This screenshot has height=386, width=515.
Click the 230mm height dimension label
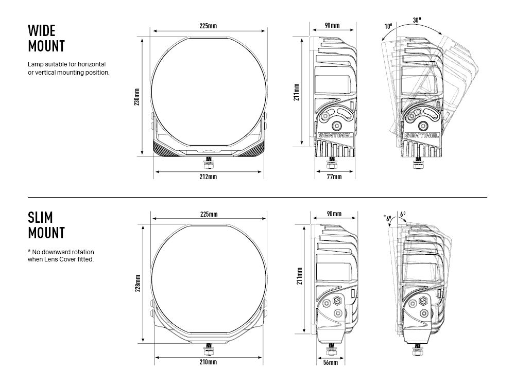coord(136,97)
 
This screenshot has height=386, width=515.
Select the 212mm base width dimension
coord(208,177)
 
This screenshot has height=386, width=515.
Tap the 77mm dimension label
coord(334,177)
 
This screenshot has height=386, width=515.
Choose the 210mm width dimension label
coord(208,362)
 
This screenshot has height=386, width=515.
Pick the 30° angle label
coord(417,20)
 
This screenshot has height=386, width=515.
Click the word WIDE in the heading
coord(41,30)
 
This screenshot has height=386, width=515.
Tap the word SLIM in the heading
coord(40,217)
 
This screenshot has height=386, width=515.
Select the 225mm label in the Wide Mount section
coord(208,25)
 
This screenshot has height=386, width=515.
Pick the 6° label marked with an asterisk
coord(387,218)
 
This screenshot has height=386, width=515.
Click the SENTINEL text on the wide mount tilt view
coord(422,135)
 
